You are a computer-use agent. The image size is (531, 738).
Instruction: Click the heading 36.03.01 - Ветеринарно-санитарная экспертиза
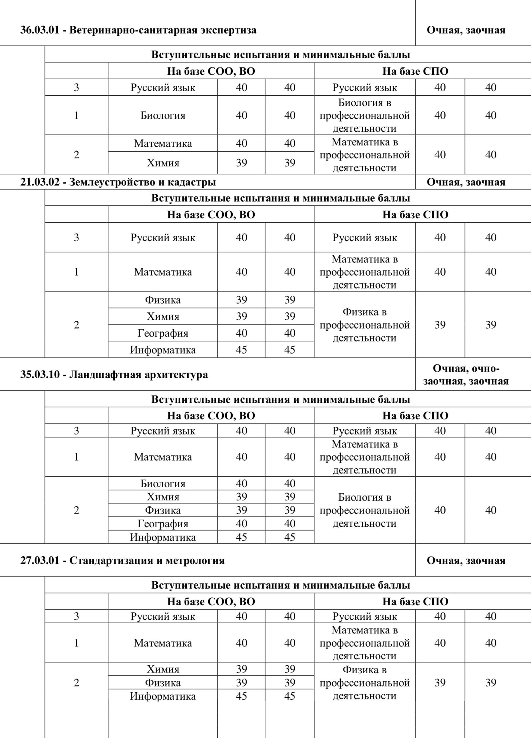(138, 30)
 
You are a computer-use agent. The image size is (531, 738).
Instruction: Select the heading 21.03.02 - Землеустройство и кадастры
(118, 182)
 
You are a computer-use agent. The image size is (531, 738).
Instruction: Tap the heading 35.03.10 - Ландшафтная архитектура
(114, 375)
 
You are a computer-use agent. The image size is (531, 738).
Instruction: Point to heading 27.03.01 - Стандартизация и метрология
(123, 560)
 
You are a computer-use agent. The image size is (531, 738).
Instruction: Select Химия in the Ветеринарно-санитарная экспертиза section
(162, 163)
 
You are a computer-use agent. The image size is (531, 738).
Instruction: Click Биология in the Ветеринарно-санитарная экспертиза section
(162, 116)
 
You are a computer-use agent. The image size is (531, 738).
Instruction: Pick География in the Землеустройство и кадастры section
(162, 333)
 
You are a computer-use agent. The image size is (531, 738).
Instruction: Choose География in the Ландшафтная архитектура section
(162, 523)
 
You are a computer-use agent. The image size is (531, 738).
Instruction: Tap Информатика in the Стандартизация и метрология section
(162, 696)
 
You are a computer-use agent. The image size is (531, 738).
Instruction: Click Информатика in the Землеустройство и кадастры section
(162, 350)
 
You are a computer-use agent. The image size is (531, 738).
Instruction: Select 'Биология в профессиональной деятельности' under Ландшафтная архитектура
(364, 510)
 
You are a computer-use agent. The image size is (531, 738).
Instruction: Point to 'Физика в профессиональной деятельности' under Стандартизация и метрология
(364, 683)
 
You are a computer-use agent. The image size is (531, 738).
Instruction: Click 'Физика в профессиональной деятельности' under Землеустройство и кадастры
(364, 325)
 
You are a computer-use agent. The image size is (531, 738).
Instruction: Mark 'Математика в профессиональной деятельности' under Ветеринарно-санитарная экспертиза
(364, 155)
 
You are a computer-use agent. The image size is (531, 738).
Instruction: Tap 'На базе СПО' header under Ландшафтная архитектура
(415, 416)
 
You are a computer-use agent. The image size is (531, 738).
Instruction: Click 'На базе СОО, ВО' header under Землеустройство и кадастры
(211, 215)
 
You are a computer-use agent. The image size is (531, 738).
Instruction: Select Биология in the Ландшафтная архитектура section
(162, 484)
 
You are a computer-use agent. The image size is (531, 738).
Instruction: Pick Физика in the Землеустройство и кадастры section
(162, 300)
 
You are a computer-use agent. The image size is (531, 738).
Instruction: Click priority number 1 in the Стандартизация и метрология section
(77, 643)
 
